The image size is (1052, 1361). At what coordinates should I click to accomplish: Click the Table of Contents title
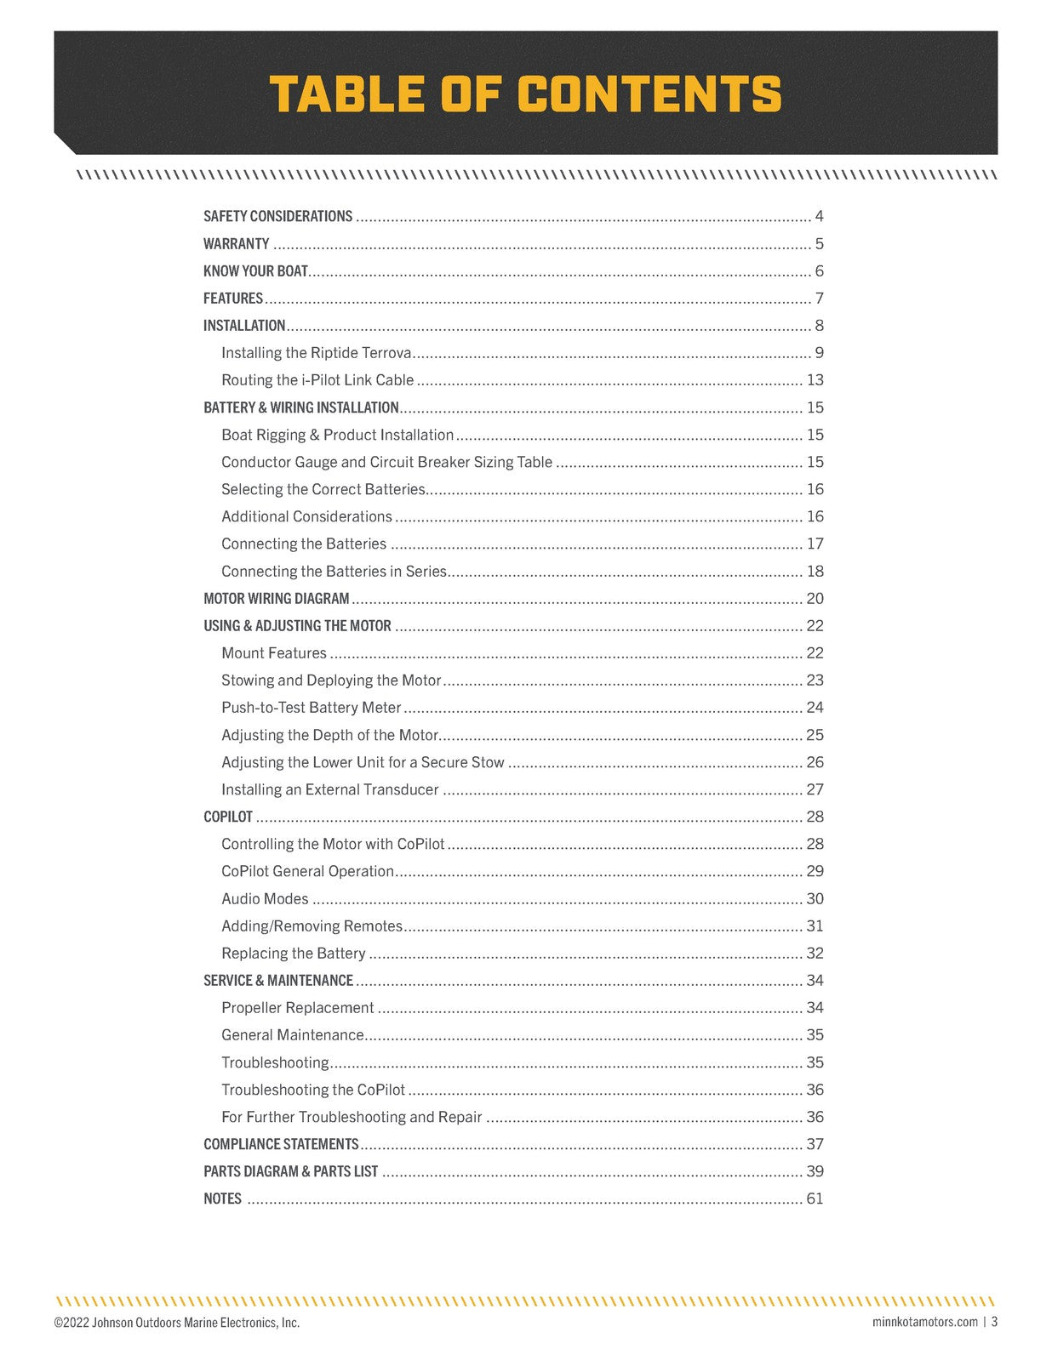[x=525, y=94]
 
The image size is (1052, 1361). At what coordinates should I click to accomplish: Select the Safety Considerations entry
[x=277, y=216]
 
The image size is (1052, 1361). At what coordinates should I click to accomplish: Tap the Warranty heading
[x=236, y=244]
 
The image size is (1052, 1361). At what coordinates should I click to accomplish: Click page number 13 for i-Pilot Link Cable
[x=815, y=380]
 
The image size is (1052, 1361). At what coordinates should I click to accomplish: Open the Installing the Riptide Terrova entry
[x=316, y=353]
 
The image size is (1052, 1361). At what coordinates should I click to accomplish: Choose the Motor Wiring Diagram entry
[x=276, y=599]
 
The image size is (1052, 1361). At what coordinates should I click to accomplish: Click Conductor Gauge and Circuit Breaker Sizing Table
[x=386, y=462]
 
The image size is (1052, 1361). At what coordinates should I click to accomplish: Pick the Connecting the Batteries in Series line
[x=334, y=572]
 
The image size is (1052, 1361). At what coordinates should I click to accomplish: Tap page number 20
[x=815, y=599]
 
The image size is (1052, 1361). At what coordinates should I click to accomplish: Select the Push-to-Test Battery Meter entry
[x=311, y=708]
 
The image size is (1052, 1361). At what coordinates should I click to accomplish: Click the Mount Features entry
[x=273, y=653]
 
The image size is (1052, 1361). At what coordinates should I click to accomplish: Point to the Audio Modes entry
[x=265, y=899]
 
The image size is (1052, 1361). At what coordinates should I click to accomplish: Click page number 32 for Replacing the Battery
[x=815, y=954]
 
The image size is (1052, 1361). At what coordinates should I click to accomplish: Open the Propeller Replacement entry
[x=297, y=1008]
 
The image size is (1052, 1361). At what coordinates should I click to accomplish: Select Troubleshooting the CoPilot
[x=312, y=1090]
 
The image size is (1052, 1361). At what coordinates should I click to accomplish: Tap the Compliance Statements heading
[x=281, y=1144]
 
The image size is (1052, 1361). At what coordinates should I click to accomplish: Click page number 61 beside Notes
[x=815, y=1199]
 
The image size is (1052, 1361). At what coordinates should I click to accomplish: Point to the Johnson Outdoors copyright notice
[x=177, y=1323]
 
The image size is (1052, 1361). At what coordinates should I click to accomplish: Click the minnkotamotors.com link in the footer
[x=924, y=1322]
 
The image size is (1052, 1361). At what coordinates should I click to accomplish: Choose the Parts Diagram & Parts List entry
[x=290, y=1171]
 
